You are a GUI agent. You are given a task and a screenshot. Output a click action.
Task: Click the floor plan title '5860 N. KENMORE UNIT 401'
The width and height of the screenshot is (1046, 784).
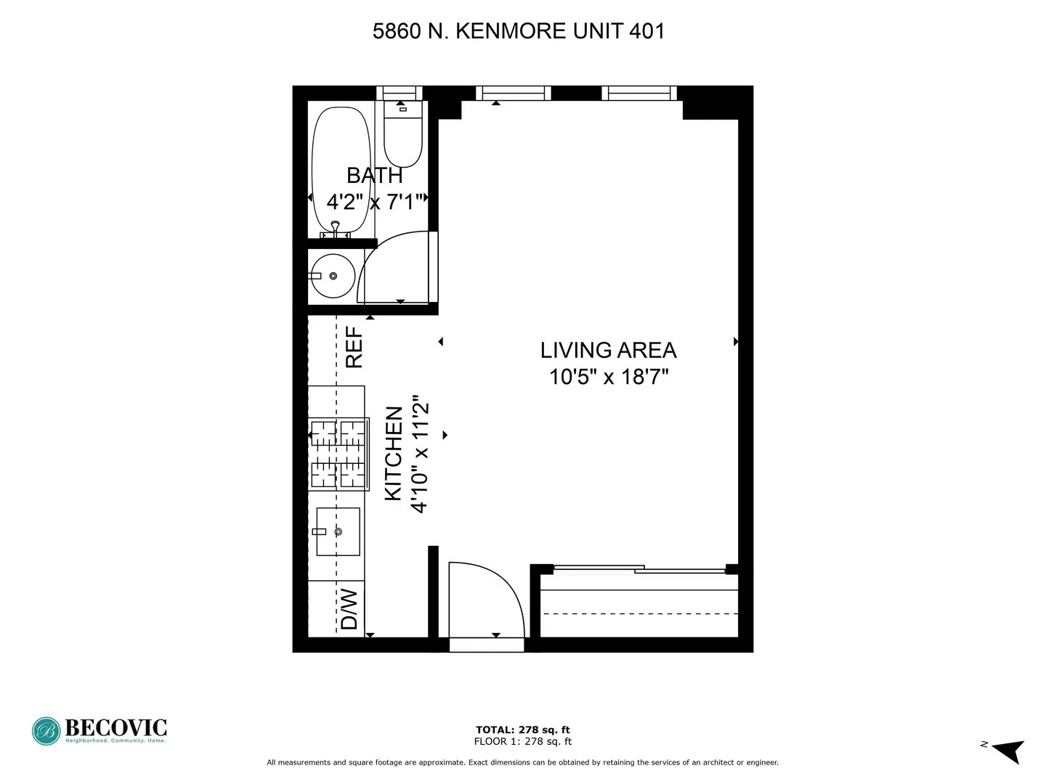pos(518,31)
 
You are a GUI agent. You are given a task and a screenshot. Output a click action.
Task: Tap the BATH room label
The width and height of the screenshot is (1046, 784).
pos(374,176)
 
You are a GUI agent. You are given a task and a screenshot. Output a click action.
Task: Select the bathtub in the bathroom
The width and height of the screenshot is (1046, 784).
pos(341,171)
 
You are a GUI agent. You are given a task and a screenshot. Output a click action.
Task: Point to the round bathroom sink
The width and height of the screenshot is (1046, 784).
pos(331,276)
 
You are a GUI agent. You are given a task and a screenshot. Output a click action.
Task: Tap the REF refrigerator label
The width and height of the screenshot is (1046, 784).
pos(354,347)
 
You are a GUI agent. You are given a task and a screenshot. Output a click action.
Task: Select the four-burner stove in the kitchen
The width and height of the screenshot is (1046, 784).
pos(338,454)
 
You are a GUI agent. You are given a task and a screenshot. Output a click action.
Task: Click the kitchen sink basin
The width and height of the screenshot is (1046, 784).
pos(338,531)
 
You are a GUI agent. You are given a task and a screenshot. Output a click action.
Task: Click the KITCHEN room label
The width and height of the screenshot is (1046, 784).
pos(393,453)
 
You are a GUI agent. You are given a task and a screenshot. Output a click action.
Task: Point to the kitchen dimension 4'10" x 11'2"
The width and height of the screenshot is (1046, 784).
pos(421,454)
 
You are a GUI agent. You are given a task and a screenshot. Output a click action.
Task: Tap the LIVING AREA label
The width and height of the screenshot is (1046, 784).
pos(608,350)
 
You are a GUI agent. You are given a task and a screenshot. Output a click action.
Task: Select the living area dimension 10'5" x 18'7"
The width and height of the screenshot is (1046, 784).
pos(608,377)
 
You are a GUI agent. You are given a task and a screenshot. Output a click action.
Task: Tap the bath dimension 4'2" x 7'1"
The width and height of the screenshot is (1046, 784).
pos(374,202)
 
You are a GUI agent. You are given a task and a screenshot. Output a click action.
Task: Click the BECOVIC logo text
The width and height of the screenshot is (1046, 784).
pos(115,727)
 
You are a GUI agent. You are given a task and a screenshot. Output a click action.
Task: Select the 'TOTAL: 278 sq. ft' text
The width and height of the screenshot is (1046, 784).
pos(522,730)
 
